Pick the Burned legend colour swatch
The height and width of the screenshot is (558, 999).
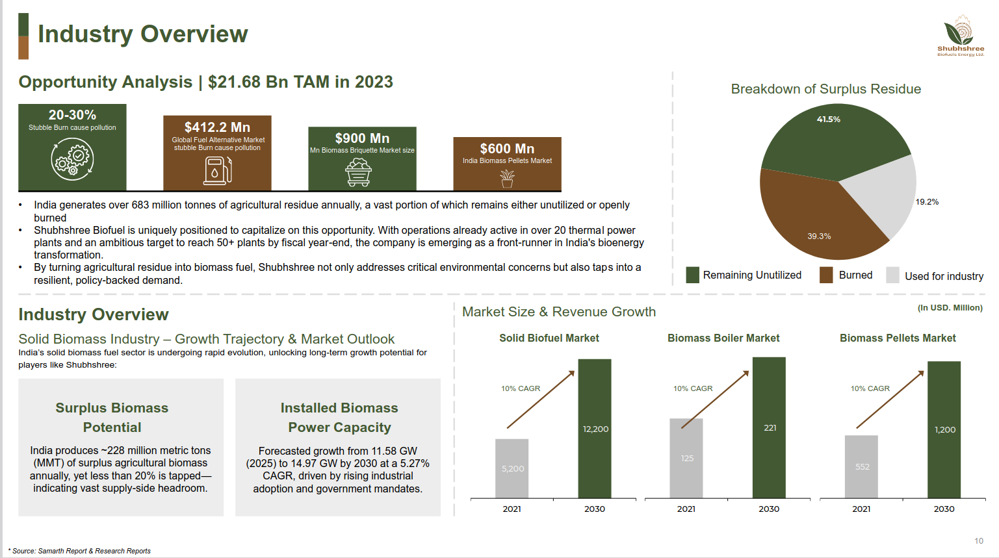pos(826,275)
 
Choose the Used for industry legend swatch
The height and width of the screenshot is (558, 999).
pos(892,275)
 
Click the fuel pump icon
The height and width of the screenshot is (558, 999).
pos(217,170)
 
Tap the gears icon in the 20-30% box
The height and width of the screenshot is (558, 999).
pos(72,159)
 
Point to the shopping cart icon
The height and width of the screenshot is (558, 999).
pos(358,173)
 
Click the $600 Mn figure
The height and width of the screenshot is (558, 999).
pos(507,149)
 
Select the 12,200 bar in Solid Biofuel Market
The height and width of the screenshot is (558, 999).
pos(595,429)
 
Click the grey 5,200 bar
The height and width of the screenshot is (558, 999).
pos(512,468)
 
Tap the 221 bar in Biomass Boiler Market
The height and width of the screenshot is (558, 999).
pos(769,427)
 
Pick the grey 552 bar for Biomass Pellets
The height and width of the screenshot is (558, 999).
pos(861,466)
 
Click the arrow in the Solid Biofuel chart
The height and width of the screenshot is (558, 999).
pos(541,399)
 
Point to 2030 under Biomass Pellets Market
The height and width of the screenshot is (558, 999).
pos(944,509)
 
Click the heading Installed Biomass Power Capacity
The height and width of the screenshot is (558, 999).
pos(339,417)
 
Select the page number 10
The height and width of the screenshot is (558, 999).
pos(978,540)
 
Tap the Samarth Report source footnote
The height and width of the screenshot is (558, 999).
pos(81,551)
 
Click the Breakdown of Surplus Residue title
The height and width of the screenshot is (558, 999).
pos(825,89)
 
